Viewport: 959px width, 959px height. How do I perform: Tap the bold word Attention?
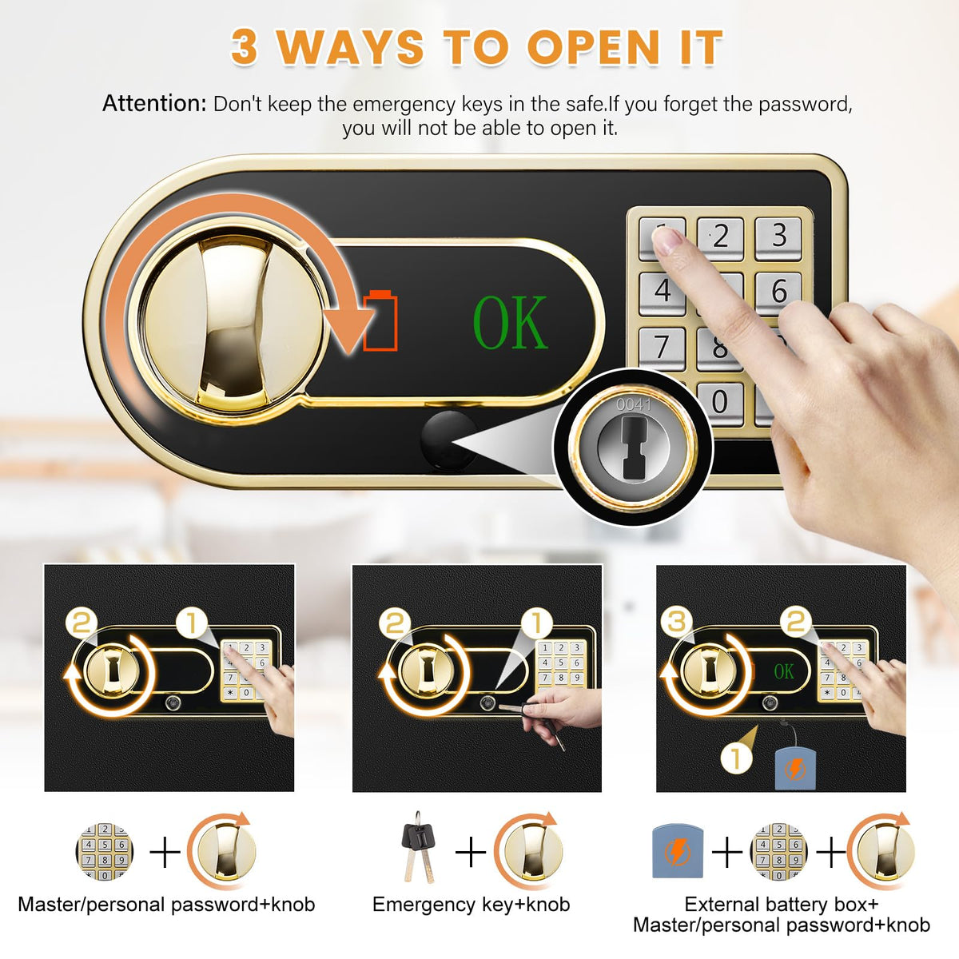[x=154, y=104]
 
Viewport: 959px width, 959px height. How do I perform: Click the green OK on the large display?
[x=510, y=322]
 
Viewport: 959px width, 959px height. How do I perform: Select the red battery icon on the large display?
[x=380, y=320]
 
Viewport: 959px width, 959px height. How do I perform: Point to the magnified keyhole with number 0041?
[x=632, y=448]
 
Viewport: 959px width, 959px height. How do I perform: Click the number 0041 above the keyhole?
[x=634, y=404]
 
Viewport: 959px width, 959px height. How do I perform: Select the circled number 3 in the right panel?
[x=677, y=623]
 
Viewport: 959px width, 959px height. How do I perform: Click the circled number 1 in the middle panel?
[x=536, y=623]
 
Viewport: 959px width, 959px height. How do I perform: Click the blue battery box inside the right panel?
[x=796, y=769]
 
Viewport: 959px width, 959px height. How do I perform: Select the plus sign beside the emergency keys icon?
[x=471, y=852]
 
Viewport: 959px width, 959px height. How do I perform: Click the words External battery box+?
[x=782, y=904]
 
